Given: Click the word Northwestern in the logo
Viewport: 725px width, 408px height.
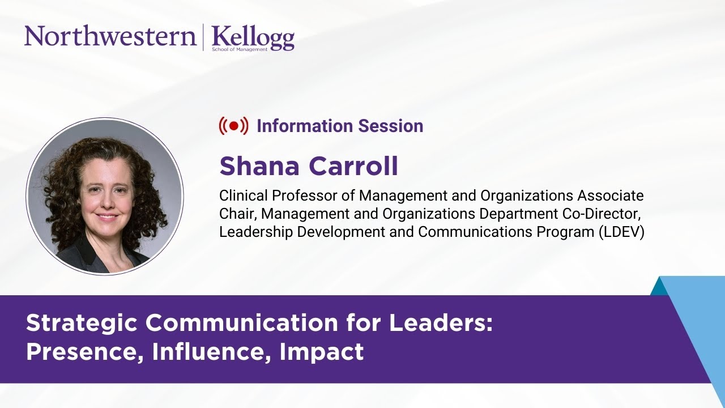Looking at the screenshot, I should (110, 36).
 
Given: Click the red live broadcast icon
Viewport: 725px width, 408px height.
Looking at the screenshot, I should (233, 126).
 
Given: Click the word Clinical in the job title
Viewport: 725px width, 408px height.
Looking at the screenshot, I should (244, 196).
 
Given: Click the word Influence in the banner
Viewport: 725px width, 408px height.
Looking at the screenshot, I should (212, 352).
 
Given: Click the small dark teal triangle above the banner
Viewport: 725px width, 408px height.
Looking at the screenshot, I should (659, 287).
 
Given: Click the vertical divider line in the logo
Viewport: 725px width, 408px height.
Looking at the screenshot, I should (203, 37).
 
